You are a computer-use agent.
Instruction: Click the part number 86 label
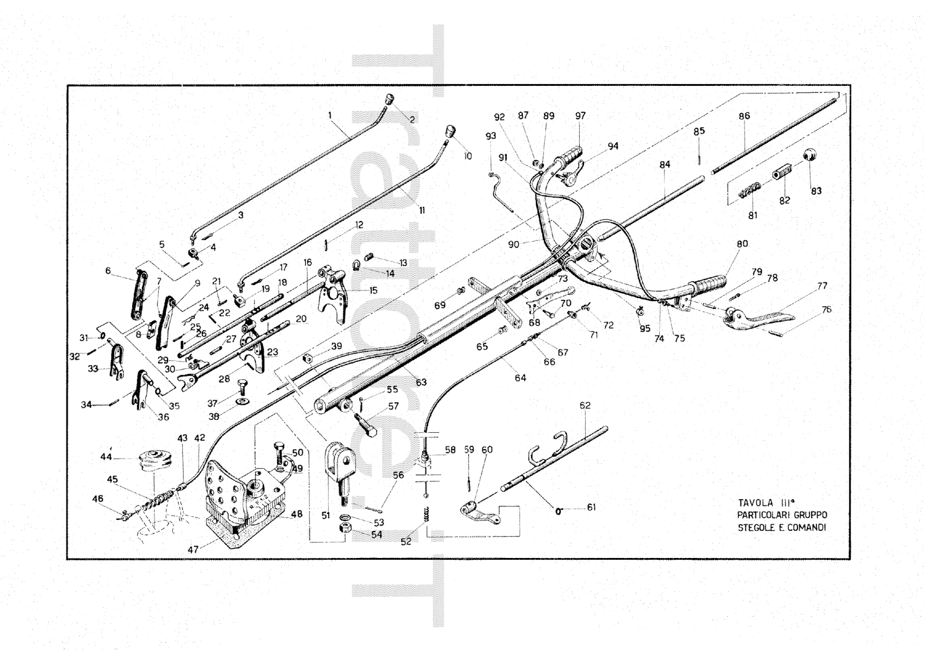point(744,116)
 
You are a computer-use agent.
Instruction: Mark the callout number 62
point(585,405)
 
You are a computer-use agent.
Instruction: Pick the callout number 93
point(490,135)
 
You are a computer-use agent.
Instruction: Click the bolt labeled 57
point(366,423)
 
